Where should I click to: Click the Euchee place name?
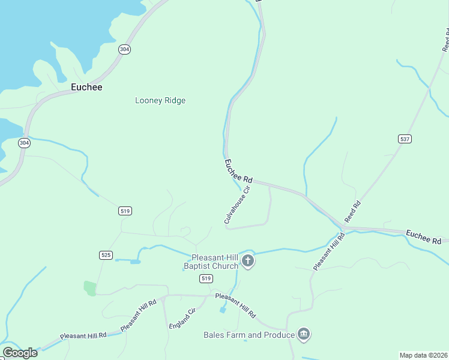coord(86,87)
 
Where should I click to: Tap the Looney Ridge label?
coord(160,101)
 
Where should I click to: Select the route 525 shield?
coord(106,255)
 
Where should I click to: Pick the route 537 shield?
coord(405,139)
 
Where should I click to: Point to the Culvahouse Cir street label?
coord(237,205)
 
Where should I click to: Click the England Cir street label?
coord(182,319)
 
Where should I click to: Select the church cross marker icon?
coord(248,261)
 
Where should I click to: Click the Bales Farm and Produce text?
coord(249,335)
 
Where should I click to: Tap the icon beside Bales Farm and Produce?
coord(304,334)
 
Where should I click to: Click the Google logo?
coord(20,353)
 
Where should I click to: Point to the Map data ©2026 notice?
coord(424,355)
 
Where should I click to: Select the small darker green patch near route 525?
coord(90,288)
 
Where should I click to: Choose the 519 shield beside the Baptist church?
coord(206,278)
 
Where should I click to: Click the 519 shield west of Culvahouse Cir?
coord(125,211)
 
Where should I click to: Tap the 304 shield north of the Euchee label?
coord(124,49)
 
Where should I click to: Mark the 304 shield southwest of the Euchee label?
coord(24,143)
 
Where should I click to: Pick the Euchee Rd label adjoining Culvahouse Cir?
coord(238,171)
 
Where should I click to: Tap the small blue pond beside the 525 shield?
coord(135,262)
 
